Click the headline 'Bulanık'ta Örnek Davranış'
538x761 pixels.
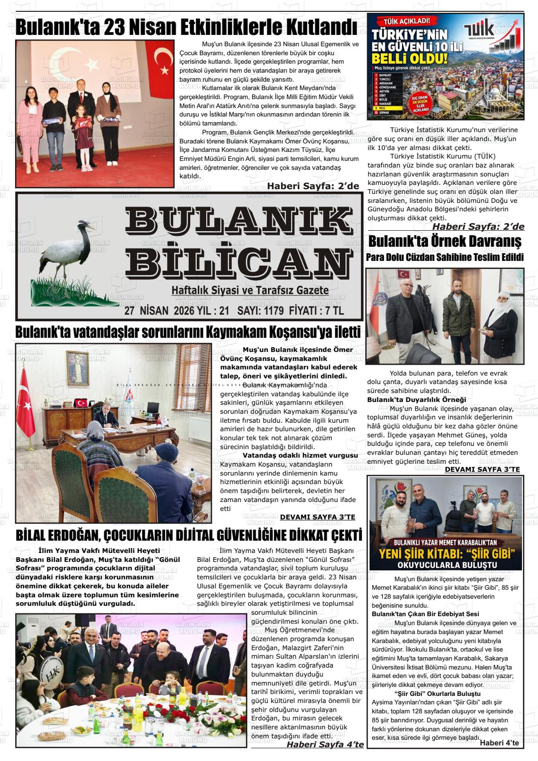pyautogui.click(x=445, y=242)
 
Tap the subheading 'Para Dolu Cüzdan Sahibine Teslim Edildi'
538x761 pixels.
pyautogui.click(x=445, y=258)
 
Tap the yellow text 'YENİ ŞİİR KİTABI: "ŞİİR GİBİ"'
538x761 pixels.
pyautogui.click(x=445, y=553)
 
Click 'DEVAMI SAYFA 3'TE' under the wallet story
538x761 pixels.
pyautogui.click(x=482, y=469)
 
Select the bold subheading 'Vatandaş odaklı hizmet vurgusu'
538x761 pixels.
pyautogui.click(x=300, y=455)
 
